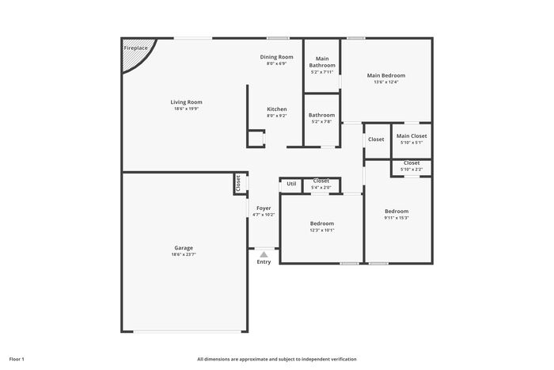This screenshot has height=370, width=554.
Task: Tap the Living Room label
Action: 187,102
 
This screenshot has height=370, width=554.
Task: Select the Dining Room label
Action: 277,57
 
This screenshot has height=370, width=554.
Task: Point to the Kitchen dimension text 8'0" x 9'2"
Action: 277,116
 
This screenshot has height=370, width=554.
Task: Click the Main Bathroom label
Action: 322,62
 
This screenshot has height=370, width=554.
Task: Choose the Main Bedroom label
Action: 386,75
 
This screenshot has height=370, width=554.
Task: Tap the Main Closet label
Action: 412,135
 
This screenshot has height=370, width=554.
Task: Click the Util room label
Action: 291,184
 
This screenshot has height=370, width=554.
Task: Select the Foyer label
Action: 264,208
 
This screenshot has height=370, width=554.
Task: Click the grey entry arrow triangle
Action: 264,254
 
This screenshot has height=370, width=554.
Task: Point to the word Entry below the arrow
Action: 264,261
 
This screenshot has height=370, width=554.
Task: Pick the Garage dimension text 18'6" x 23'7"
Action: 184,254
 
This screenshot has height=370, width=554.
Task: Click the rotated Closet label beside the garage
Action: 238,183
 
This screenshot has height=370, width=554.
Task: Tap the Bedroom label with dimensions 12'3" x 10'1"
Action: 322,223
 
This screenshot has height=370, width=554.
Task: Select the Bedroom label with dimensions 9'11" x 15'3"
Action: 397,212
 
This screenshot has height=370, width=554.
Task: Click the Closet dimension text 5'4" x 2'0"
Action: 321,188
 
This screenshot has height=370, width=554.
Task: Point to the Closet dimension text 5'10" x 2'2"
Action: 412,170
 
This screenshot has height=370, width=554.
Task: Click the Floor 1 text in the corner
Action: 17,359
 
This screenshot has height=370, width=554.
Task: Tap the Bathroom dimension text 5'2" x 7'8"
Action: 321,122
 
